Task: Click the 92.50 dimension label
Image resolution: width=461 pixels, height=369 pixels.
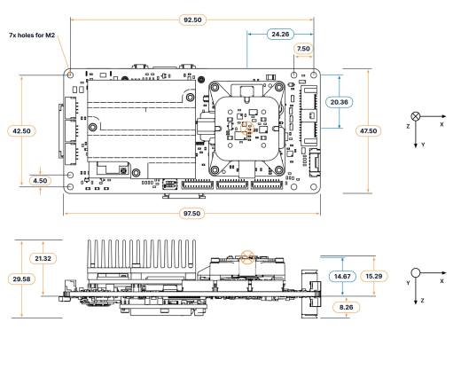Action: [192, 20]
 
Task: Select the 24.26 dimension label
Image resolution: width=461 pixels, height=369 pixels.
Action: [280, 35]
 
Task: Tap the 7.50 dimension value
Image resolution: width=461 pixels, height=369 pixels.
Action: [303, 49]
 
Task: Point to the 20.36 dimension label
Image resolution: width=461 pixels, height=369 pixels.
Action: [339, 102]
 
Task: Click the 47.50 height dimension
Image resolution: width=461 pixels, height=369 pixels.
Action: [368, 131]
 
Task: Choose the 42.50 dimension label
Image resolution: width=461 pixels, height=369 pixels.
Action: [21, 131]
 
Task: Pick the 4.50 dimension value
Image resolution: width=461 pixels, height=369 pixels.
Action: [40, 181]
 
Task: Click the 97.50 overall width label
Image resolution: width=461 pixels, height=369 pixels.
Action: [191, 214]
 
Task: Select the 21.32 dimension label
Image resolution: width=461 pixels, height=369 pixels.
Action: [43, 259]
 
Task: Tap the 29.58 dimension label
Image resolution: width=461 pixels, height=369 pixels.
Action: [21, 279]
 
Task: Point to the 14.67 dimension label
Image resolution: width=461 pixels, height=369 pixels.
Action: [342, 277]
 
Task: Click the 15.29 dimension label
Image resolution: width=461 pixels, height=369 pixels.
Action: [374, 276]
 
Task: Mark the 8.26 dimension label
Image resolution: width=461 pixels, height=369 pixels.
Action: [346, 308]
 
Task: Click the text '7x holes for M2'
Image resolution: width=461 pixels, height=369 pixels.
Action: [32, 35]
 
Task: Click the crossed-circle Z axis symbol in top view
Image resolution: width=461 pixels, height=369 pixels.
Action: [416, 116]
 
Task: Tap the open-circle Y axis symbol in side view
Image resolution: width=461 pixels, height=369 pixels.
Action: [416, 272]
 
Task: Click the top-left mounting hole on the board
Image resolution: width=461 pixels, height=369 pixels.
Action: [70, 75]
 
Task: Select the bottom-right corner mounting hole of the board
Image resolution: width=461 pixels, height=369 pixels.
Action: [314, 187]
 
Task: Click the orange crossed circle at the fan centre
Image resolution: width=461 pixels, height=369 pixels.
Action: [247, 129]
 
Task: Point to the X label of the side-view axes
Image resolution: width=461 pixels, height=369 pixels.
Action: [441, 281]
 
